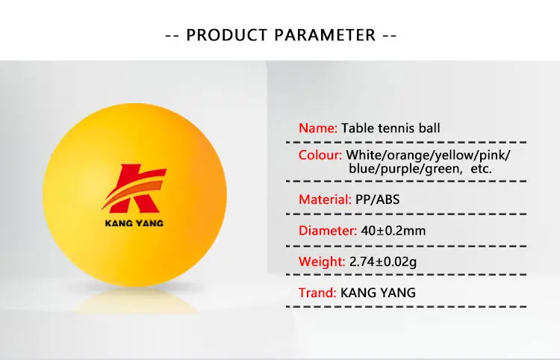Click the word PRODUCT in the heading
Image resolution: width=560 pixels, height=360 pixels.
227,35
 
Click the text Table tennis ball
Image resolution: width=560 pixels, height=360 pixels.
391,128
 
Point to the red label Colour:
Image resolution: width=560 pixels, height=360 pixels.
320,155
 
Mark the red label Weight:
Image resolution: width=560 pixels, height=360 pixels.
322,261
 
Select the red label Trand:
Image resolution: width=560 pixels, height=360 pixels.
317,293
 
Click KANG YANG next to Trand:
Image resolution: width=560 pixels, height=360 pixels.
378,293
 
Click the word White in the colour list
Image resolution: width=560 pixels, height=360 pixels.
364,155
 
